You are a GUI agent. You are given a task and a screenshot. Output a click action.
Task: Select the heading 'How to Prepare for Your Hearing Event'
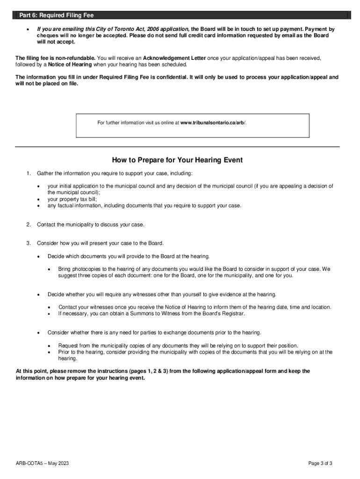(x=177, y=160)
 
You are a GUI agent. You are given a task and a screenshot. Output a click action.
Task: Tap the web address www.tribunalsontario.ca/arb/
(x=213, y=123)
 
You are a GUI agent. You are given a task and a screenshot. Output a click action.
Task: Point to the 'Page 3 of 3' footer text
(x=320, y=464)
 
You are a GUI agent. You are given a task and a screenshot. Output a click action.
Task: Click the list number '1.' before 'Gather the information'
(x=29, y=174)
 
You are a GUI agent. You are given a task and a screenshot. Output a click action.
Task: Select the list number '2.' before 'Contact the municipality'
(x=29, y=225)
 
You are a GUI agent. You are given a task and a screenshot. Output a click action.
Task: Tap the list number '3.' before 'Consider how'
(x=29, y=243)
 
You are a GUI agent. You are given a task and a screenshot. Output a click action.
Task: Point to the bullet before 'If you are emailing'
(x=29, y=29)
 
